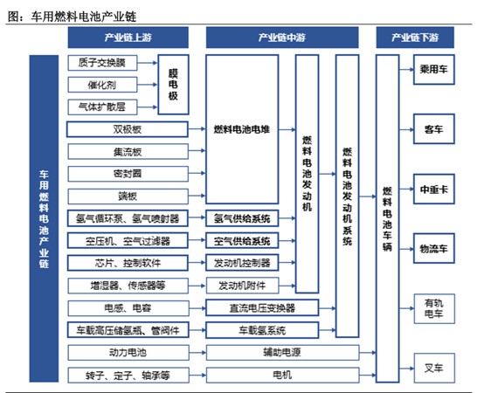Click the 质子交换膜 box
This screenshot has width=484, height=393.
pyautogui.click(x=102, y=63)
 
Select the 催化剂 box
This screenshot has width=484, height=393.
pyautogui.click(x=102, y=85)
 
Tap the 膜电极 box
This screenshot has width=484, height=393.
pyautogui.click(x=173, y=85)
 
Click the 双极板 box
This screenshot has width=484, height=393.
pyautogui.click(x=128, y=129)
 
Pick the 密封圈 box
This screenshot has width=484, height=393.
pyautogui.click(x=128, y=174)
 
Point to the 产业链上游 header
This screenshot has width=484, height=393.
pyautogui.click(x=128, y=38)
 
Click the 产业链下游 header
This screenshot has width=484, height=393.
pyautogui.click(x=415, y=38)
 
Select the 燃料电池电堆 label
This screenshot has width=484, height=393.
pyautogui.click(x=242, y=129)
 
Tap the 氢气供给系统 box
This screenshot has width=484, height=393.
pyautogui.click(x=242, y=218)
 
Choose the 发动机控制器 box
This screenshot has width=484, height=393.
pyautogui.click(x=242, y=263)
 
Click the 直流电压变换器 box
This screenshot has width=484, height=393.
pyautogui.click(x=262, y=308)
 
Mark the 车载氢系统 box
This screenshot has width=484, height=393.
pyautogui.click(x=262, y=330)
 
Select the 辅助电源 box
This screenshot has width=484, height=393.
pyautogui.click(x=282, y=353)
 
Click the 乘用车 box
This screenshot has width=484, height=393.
pyautogui.click(x=433, y=69)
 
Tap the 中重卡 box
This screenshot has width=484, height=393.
pyautogui.click(x=433, y=190)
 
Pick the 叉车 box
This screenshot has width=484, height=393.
pyautogui.click(x=434, y=368)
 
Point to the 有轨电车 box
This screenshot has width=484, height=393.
pyautogui.click(x=434, y=308)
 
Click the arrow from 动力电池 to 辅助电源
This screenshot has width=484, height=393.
pyautogui.click(x=197, y=353)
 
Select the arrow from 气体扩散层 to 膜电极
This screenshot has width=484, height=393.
pyautogui.click(x=148, y=107)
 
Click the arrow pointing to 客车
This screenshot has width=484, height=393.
pyautogui.click(x=406, y=129)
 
